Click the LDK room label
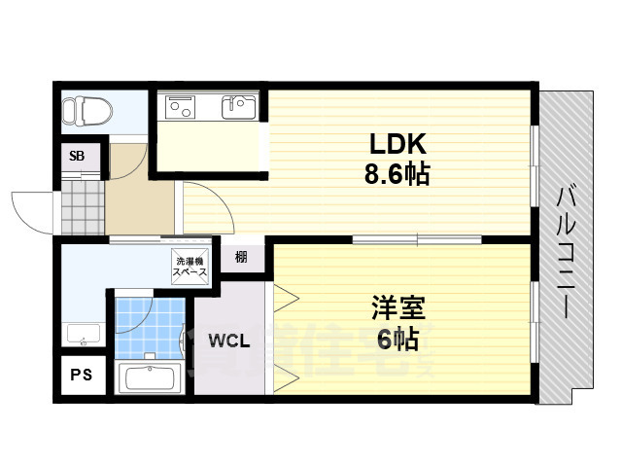tap(397, 143)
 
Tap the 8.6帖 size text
tap(397, 175)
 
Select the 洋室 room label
tap(396, 308)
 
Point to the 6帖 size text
tap(396, 340)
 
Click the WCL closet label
tap(229, 342)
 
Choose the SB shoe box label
tap(76, 156)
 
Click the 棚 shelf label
tap(241, 258)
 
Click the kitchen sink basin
tap(237, 106)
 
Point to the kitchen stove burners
tap(182, 105)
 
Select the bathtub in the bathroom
tap(149, 377)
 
